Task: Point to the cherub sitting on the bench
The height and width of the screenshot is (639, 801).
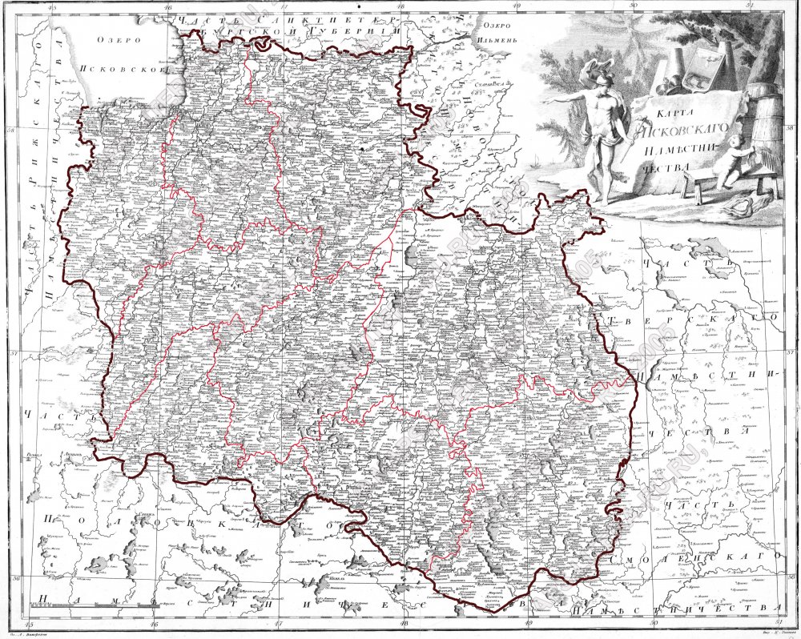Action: (x=731, y=159)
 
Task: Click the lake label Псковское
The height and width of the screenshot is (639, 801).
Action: (x=128, y=69)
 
